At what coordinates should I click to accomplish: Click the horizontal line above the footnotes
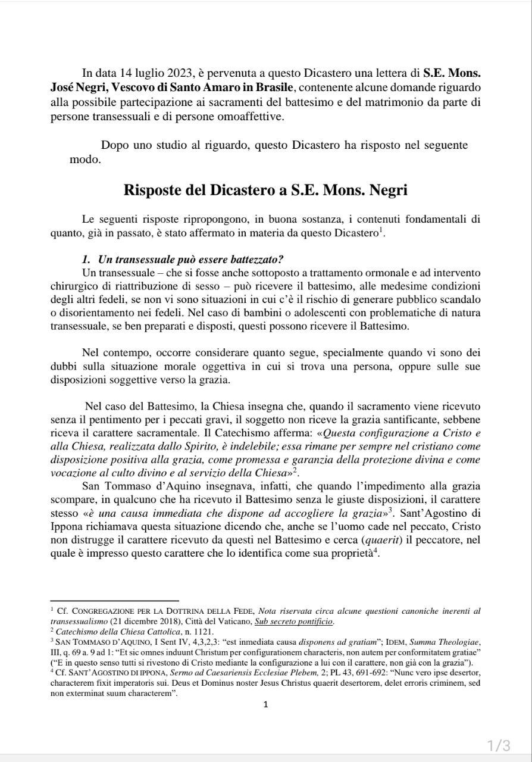pos(114,601)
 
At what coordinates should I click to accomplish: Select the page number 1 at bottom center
pos(265,705)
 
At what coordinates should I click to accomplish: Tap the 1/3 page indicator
pos(499,745)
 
